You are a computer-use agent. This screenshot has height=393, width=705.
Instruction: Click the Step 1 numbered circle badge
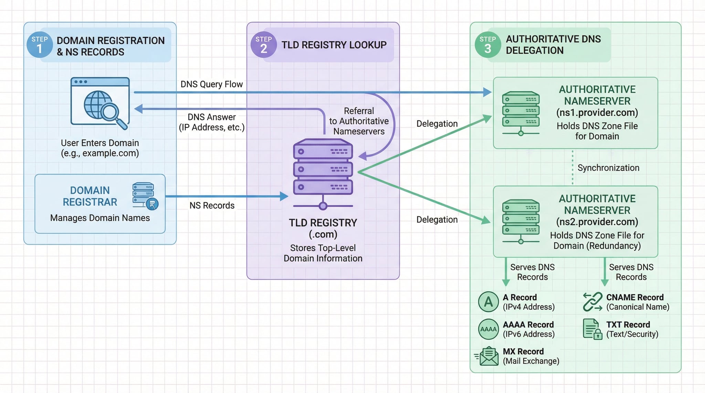(40, 45)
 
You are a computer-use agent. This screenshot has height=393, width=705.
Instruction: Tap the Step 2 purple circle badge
(263, 45)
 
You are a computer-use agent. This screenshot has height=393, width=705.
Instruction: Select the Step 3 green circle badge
(487, 45)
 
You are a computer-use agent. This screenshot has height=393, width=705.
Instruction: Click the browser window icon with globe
(100, 101)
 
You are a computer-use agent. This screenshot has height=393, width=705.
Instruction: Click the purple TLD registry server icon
(323, 172)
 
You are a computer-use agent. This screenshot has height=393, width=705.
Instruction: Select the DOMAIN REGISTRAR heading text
(90, 196)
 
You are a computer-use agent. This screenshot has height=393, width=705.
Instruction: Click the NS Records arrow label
(212, 206)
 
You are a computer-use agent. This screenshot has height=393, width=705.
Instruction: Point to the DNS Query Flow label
(212, 84)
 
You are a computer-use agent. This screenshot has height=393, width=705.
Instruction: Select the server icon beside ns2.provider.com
(520, 221)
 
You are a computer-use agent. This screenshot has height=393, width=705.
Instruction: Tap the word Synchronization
(608, 168)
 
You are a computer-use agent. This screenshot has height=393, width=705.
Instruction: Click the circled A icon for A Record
(488, 302)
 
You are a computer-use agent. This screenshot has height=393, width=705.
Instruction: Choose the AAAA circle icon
(488, 329)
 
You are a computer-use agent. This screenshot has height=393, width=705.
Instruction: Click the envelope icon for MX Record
(488, 356)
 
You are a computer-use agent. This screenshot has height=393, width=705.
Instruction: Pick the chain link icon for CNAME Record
(592, 302)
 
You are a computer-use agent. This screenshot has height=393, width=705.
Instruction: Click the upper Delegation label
(437, 124)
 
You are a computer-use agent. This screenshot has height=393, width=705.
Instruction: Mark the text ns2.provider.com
(597, 222)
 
